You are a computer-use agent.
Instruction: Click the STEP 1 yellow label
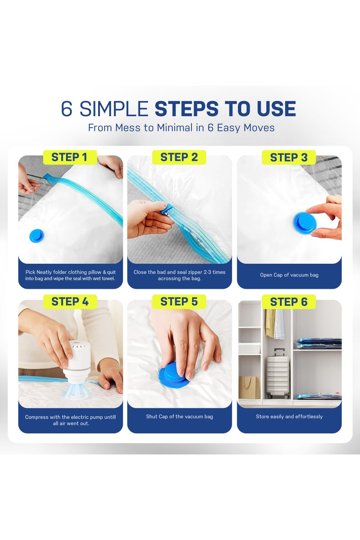click(x=70, y=157)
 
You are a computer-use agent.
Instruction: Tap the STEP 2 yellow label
click(x=179, y=157)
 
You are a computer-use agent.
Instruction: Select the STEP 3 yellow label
click(x=288, y=157)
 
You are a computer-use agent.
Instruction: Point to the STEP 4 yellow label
click(x=70, y=301)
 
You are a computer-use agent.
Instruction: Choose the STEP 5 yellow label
click(x=179, y=301)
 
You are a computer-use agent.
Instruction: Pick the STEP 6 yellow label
click(x=288, y=301)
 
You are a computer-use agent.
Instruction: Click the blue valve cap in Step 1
click(x=36, y=235)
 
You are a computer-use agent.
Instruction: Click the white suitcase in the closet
click(x=278, y=373)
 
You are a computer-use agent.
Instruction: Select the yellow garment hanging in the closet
click(x=270, y=323)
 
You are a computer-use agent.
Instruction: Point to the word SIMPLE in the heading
click(x=113, y=108)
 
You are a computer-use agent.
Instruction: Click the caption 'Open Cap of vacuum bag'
click(x=289, y=275)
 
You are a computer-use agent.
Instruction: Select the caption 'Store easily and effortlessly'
click(x=289, y=416)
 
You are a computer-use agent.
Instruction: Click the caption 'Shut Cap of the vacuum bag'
click(x=180, y=416)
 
